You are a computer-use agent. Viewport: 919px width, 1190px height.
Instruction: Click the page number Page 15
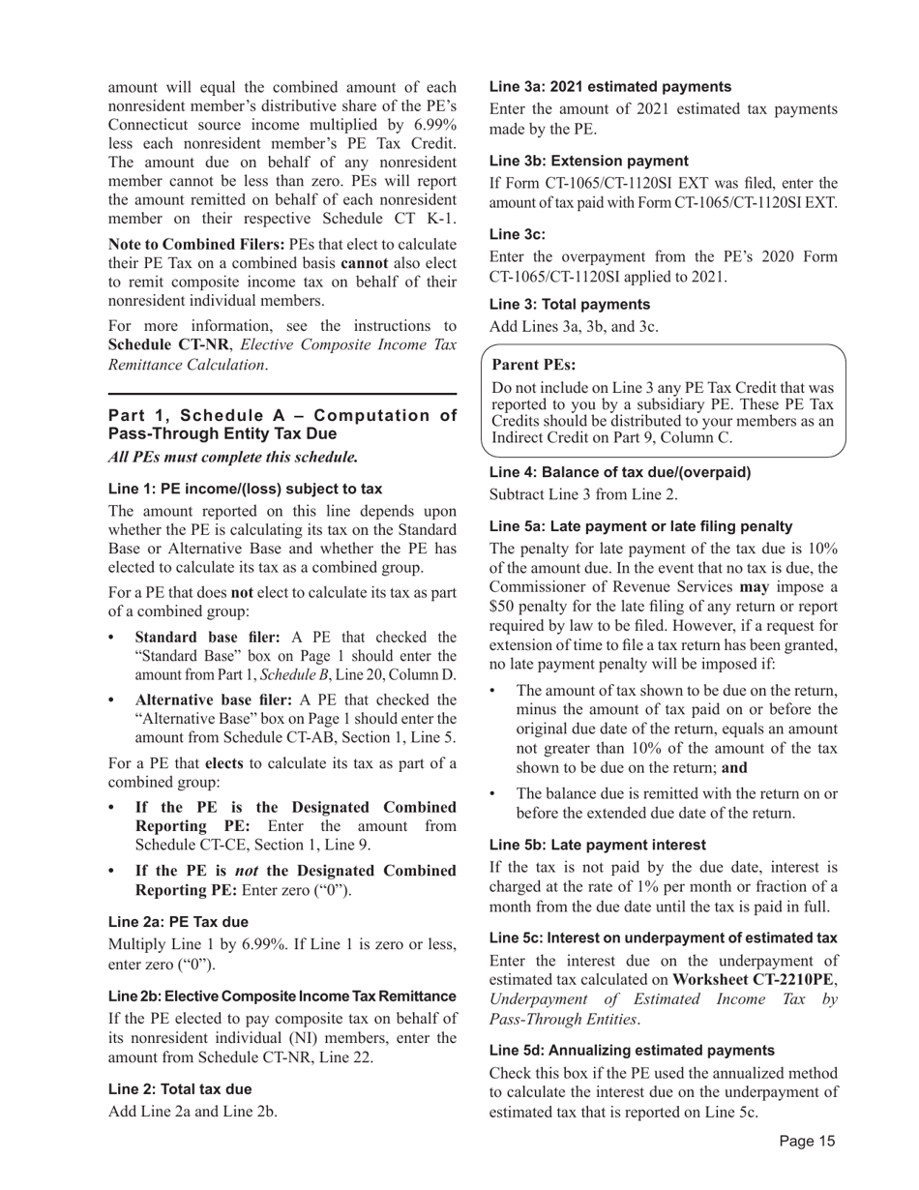[807, 1142]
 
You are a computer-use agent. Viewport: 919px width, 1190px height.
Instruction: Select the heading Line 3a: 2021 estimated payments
[610, 87]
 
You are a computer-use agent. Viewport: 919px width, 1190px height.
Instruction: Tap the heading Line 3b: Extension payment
[589, 161]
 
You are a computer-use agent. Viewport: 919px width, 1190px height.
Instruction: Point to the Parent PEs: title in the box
[534, 365]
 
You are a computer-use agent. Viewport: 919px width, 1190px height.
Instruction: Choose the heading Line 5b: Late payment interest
[597, 845]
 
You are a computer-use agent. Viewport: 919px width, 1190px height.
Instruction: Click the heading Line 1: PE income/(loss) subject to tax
[245, 489]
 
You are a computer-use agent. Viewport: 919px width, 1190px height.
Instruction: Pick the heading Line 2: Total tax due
[180, 1088]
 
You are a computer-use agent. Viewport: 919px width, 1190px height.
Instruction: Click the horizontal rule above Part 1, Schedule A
[282, 394]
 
